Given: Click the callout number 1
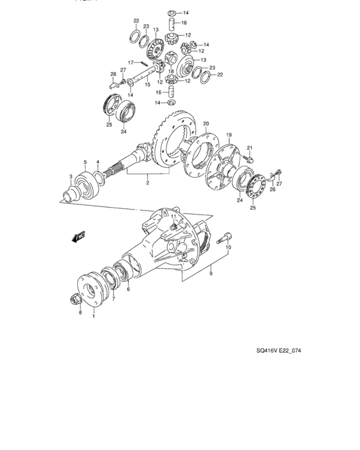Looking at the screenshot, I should click(94, 316).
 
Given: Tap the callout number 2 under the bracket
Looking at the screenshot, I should click(147, 183).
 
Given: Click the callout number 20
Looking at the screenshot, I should click(206, 123).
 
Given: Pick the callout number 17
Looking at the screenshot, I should click(129, 62).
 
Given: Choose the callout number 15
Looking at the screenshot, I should click(147, 84).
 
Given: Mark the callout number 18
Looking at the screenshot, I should click(171, 72).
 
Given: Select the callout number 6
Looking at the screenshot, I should click(128, 290).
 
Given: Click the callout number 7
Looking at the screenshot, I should click(114, 298).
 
